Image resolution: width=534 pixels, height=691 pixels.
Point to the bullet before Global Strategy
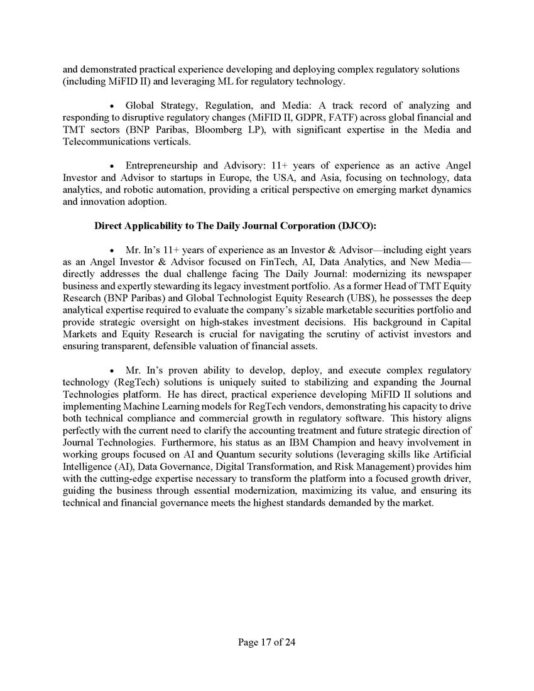[112, 106]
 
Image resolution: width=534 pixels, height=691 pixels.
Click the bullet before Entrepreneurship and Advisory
[112, 166]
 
